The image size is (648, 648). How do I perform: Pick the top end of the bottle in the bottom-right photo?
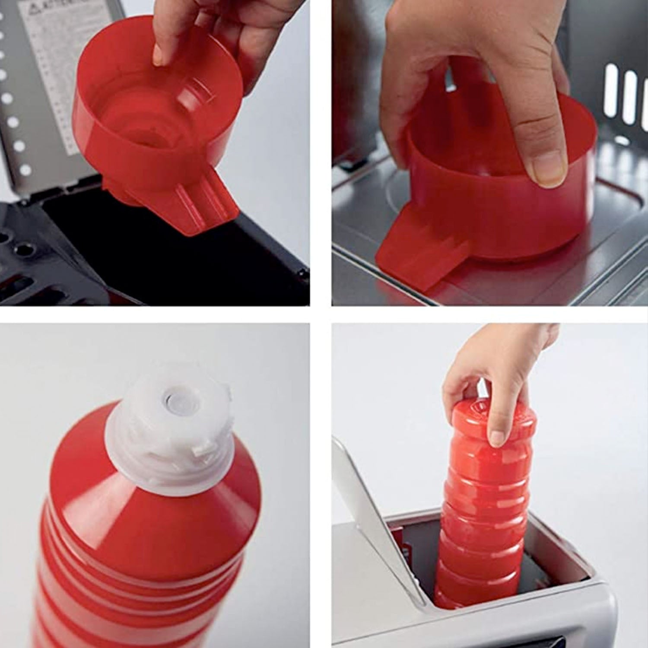[492, 415]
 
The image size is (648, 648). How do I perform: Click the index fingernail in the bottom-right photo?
[497, 438]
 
